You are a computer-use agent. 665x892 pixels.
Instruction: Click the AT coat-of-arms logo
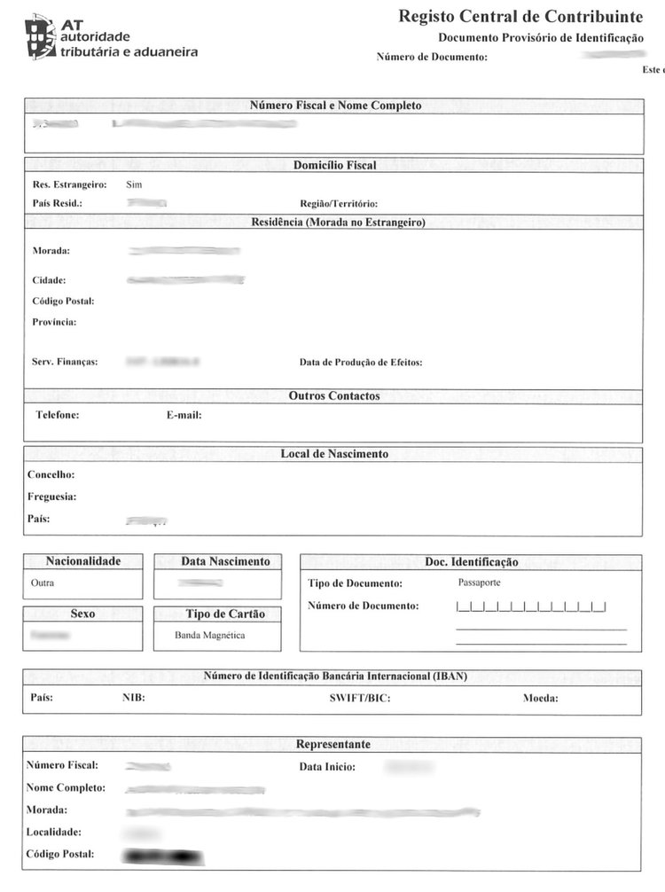pyautogui.click(x=39, y=36)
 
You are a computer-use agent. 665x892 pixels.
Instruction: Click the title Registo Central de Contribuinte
pyautogui.click(x=520, y=16)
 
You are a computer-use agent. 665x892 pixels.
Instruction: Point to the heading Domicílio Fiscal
pyautogui.click(x=334, y=165)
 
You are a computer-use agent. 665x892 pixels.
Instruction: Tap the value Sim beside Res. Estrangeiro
pyautogui.click(x=134, y=184)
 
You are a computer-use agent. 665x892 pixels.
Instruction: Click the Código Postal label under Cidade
pyautogui.click(x=63, y=301)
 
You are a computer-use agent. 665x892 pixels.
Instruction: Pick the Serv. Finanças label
pyautogui.click(x=65, y=362)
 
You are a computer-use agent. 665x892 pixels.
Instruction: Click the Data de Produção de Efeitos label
pyautogui.click(x=361, y=362)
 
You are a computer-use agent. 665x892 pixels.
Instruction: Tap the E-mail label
pyautogui.click(x=184, y=415)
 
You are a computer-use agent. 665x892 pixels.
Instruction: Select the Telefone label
pyautogui.click(x=58, y=415)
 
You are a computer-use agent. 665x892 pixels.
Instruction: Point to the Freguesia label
pyautogui.click(x=51, y=497)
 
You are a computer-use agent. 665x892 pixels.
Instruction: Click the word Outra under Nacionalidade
pyautogui.click(x=42, y=583)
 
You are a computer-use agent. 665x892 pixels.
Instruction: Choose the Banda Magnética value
pyautogui.click(x=210, y=635)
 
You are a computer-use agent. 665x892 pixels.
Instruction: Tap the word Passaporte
pyautogui.click(x=479, y=583)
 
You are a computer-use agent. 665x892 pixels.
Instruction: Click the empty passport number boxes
pyautogui.click(x=530, y=607)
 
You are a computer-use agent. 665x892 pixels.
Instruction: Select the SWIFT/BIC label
pyautogui.click(x=360, y=698)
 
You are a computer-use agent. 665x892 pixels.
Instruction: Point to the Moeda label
pyautogui.click(x=540, y=698)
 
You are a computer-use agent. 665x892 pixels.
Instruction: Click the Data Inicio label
pyautogui.click(x=327, y=766)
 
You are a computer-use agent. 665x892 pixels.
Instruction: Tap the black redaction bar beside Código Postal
pyautogui.click(x=164, y=857)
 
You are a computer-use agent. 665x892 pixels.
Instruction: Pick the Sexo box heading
pyautogui.click(x=82, y=614)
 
